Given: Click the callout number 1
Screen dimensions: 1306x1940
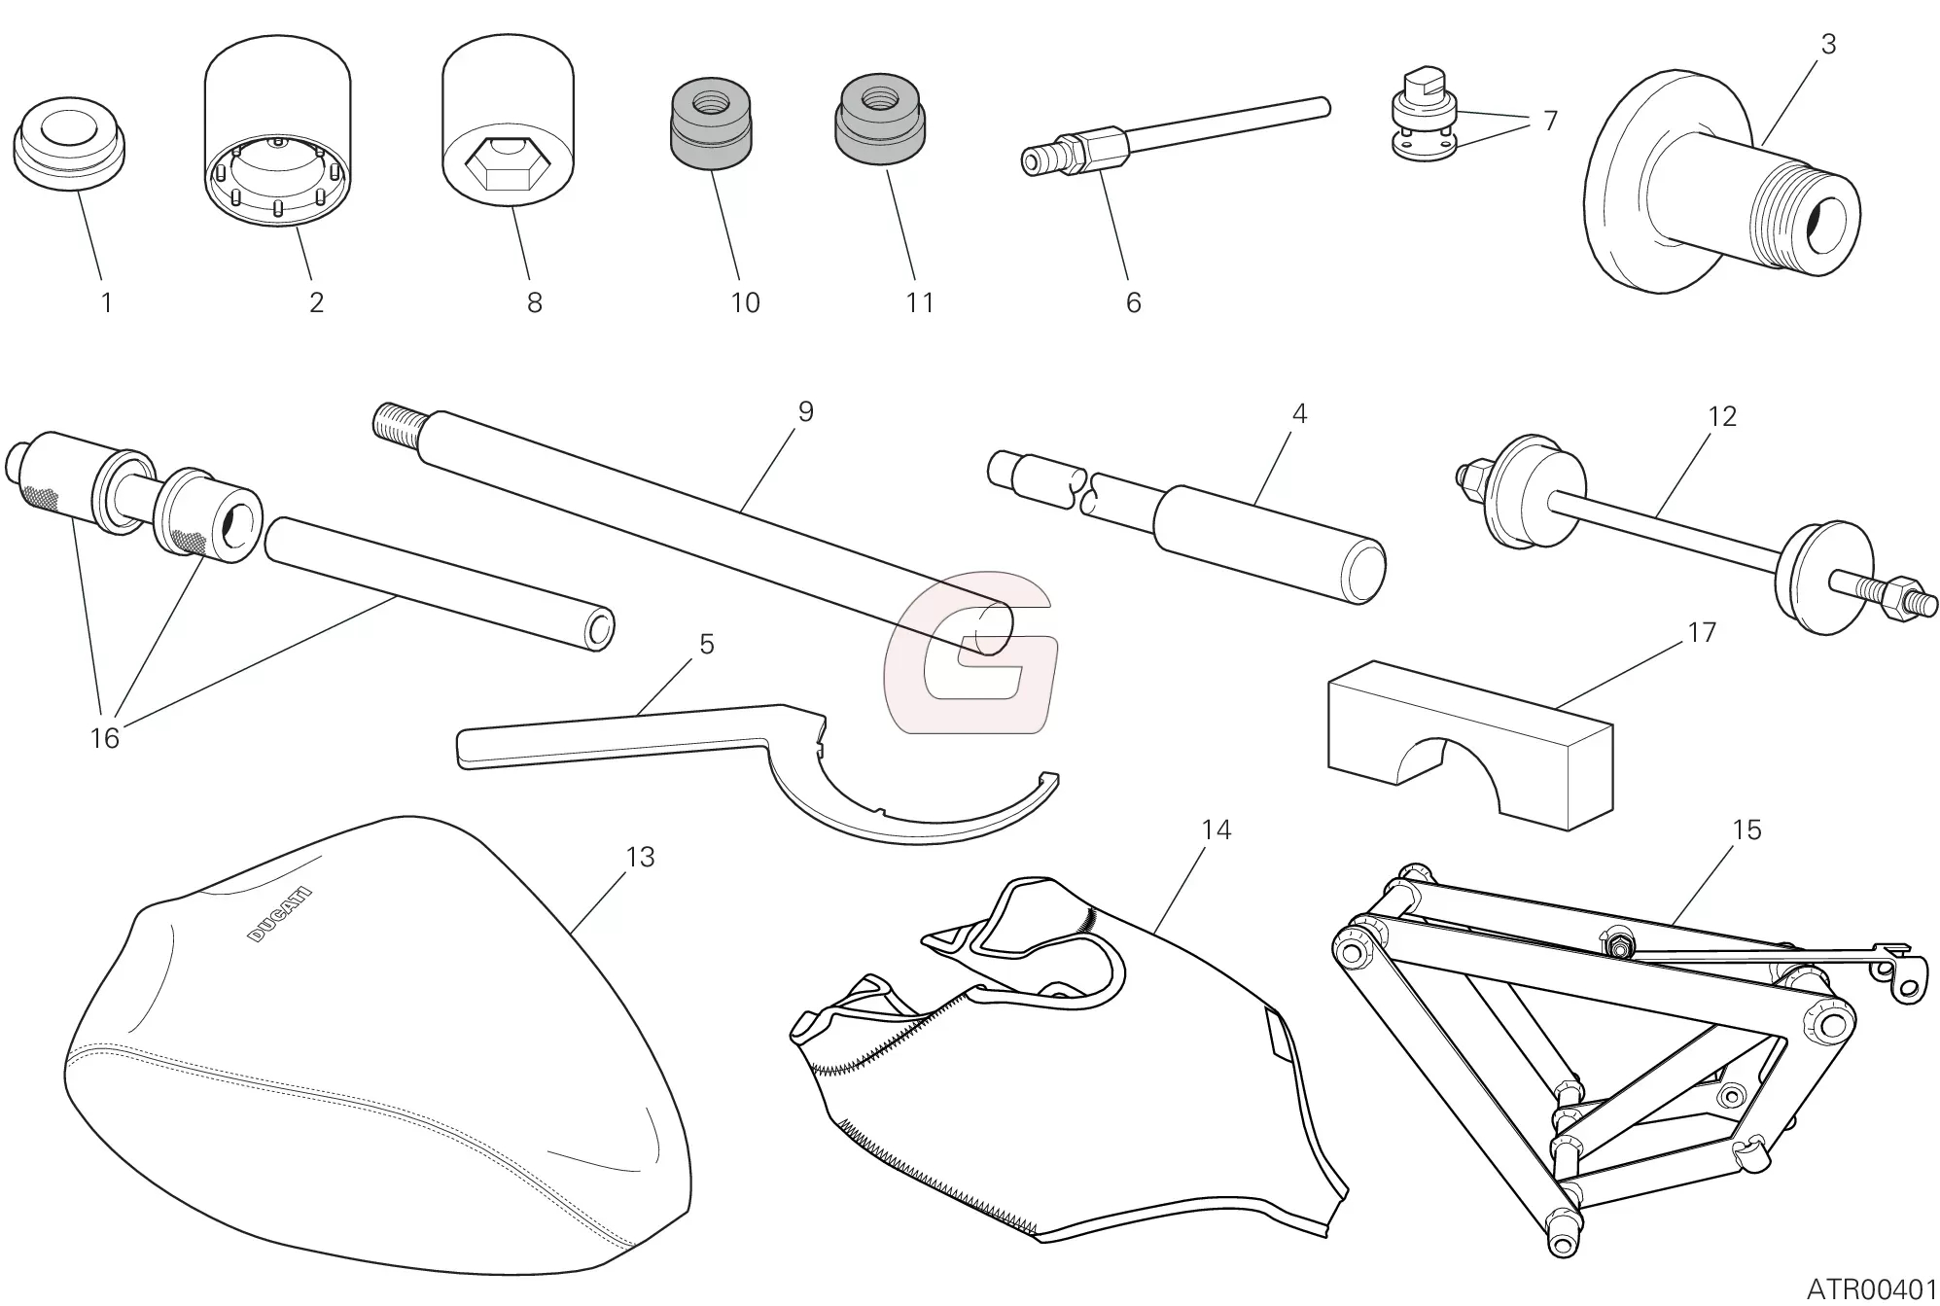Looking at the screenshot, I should pyautogui.click(x=106, y=302).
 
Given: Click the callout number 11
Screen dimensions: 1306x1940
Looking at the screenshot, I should pyautogui.click(x=919, y=302).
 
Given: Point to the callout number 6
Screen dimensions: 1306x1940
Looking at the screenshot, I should pyautogui.click(x=1133, y=302).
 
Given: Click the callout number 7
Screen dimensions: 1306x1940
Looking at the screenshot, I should pyautogui.click(x=1550, y=121).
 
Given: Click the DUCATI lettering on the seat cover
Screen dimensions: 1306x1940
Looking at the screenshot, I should pyautogui.click(x=280, y=914).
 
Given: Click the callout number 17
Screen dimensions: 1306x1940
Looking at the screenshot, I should pyautogui.click(x=1701, y=632).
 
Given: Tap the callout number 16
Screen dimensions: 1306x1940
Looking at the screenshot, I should pyautogui.click(x=104, y=738).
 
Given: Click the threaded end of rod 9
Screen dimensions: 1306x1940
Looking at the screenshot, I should pyautogui.click(x=397, y=424).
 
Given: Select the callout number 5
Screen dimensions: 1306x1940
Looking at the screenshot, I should pyautogui.click(x=706, y=644).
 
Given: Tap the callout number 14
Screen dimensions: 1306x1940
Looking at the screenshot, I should pyautogui.click(x=1216, y=829).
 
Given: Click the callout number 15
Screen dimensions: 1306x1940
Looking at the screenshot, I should pyautogui.click(x=1746, y=829).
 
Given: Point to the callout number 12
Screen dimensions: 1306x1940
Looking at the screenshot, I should pyautogui.click(x=1721, y=416).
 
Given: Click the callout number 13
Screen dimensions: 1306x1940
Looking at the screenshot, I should pyautogui.click(x=640, y=857).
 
